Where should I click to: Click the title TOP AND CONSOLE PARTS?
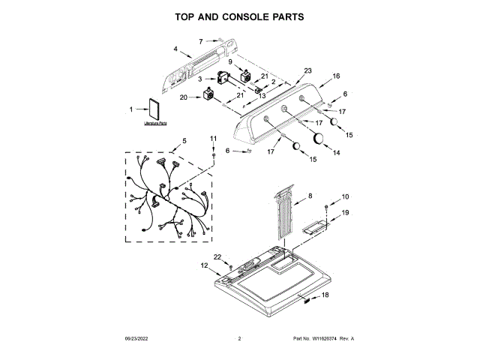(x=239, y=16)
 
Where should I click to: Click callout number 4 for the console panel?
(x=175, y=49)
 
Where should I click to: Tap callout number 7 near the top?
(x=201, y=41)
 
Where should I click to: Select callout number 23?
(x=307, y=70)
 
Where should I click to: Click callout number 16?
(x=337, y=76)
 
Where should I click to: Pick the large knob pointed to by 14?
(x=319, y=137)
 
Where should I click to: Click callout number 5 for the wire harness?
(x=184, y=141)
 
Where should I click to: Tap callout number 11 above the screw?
(x=212, y=139)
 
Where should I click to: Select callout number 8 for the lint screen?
(x=310, y=196)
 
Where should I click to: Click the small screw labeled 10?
(x=326, y=206)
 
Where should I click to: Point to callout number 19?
(x=346, y=213)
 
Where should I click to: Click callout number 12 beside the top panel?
(x=203, y=265)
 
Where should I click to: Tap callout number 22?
(x=218, y=257)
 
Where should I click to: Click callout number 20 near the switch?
(x=184, y=97)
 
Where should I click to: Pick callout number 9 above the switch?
(x=230, y=61)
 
